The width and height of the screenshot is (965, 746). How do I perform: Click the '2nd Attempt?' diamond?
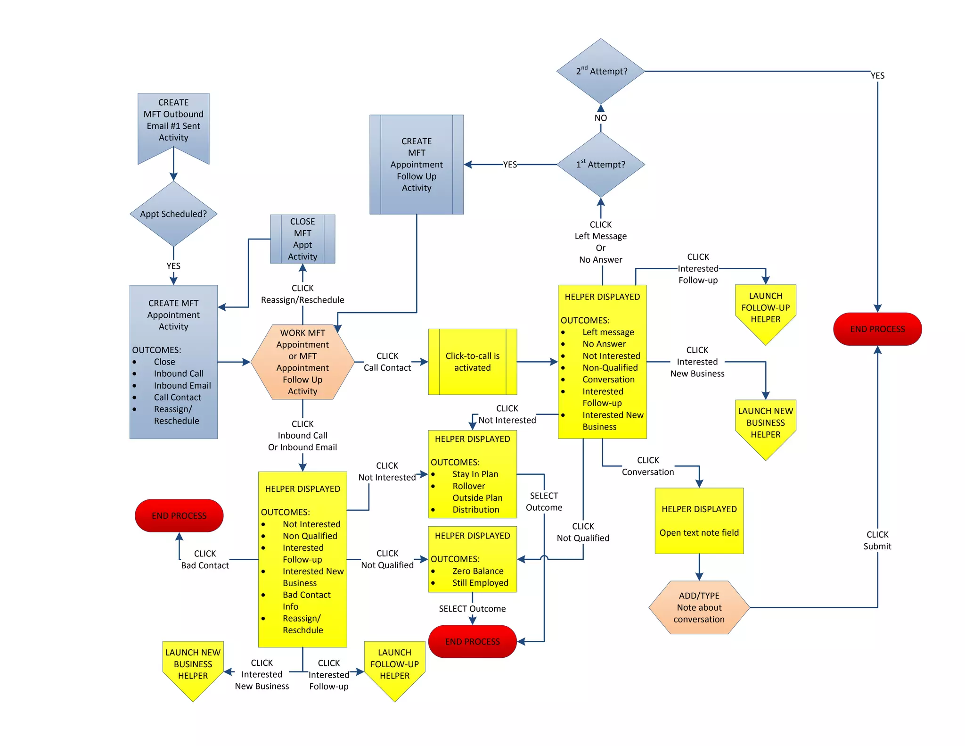pos(601,71)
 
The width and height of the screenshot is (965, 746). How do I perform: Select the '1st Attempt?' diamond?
pos(601,165)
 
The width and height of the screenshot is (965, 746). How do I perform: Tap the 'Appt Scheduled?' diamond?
pos(173,214)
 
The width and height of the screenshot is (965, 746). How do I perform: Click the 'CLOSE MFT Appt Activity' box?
pos(303,239)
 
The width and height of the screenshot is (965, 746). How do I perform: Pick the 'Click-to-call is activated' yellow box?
pos(472,362)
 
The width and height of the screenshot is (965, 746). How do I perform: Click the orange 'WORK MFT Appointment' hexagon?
pos(303,362)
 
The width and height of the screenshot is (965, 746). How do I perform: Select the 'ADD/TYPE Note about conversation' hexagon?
pos(699,607)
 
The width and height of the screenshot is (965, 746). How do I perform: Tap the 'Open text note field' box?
pos(699,532)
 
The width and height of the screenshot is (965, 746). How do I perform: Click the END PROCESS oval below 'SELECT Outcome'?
pos(472,641)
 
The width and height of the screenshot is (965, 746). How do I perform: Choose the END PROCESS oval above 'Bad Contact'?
pos(179,515)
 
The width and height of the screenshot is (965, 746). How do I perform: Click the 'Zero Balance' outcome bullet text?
pos(478,571)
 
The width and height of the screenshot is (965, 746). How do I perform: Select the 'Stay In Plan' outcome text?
pos(475,474)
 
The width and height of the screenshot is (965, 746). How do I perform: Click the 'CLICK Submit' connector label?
pos(877,540)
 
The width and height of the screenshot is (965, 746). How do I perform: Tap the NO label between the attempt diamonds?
pos(601,118)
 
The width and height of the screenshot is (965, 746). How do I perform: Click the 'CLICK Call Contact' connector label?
pos(387,362)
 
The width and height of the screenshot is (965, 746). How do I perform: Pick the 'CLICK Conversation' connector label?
pos(648,466)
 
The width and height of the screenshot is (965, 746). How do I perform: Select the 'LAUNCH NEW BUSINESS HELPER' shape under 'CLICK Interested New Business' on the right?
pos(765,424)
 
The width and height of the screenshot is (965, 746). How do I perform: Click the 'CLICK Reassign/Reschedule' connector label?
pos(303,294)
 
